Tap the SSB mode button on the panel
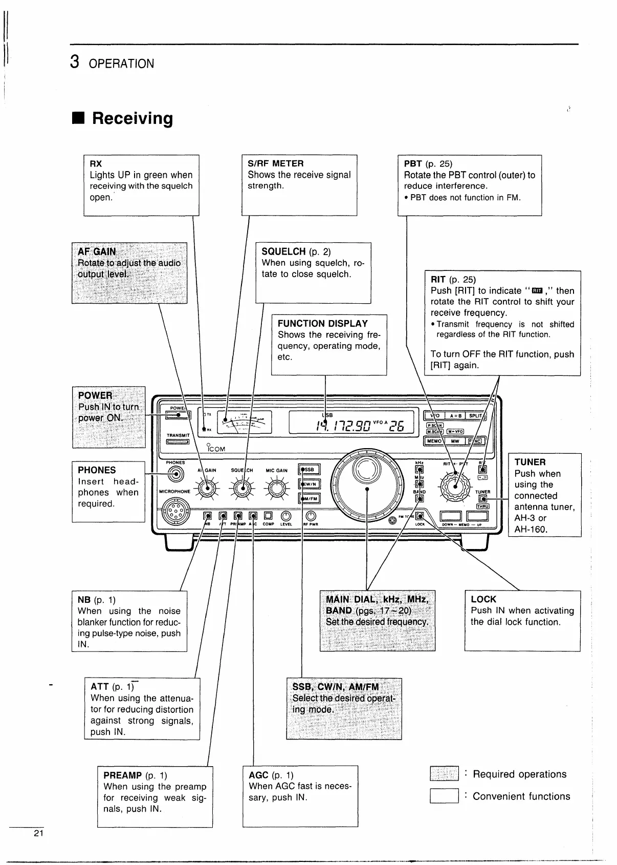pos(310,470)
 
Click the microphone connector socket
pos(175,512)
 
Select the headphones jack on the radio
pos(177,474)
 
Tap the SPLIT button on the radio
pos(475,416)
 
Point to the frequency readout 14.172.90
pos(351,425)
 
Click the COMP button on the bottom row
pos(268,516)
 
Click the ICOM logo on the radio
pos(216,449)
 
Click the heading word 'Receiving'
pos(133,118)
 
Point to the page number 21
pos(38,833)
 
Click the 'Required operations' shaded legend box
pos(444,774)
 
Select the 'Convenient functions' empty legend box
pos(444,796)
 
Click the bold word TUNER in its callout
pos(530,462)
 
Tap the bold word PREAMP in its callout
pos(122,775)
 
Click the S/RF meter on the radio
pos(244,423)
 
